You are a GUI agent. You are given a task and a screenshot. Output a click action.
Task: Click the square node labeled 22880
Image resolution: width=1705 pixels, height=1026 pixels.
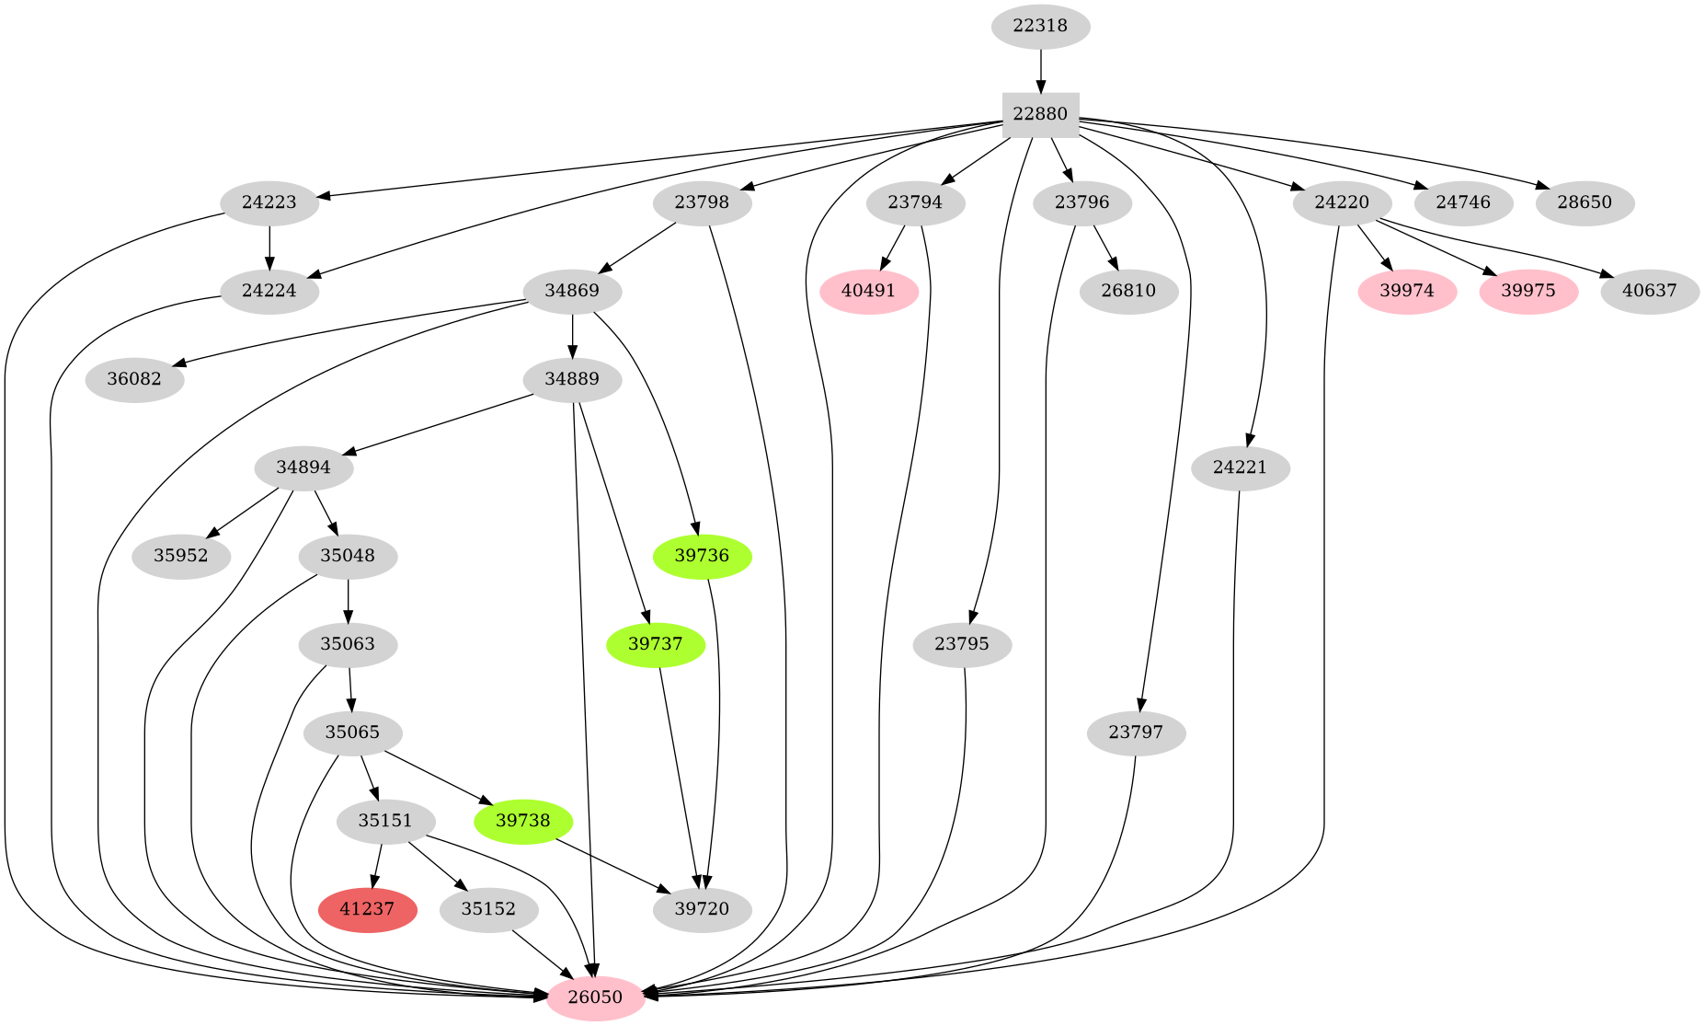click(1040, 115)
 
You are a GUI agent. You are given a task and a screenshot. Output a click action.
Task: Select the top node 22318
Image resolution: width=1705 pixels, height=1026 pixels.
click(1040, 26)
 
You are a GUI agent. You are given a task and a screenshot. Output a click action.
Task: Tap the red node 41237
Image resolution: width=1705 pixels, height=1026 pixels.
click(367, 909)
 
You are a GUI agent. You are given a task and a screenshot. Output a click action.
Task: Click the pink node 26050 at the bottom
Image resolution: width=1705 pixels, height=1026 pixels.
click(595, 997)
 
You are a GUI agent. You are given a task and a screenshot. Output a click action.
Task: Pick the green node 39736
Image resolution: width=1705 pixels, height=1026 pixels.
click(702, 556)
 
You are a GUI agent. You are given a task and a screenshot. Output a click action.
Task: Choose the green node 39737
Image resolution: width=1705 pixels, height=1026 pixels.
click(656, 644)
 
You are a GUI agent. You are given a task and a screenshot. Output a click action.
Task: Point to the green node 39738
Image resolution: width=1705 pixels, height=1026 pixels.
click(522, 821)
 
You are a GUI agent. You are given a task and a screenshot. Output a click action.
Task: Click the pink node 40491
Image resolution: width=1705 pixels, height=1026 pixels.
click(868, 292)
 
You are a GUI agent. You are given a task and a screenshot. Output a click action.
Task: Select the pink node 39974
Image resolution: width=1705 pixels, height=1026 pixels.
click(1407, 292)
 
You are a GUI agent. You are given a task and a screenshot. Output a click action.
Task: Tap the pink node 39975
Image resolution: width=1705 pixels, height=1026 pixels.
click(1528, 292)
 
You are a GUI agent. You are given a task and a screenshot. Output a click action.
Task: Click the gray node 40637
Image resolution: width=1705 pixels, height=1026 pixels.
click(1650, 292)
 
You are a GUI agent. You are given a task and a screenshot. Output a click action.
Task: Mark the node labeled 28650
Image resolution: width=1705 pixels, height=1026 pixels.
click(1585, 202)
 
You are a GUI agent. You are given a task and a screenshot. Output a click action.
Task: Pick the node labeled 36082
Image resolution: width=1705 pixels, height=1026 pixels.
click(134, 380)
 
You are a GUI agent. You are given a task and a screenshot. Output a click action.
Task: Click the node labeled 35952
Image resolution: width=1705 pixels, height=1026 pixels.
click(181, 556)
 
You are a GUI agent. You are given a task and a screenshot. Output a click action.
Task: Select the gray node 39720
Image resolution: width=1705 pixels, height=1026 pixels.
click(702, 909)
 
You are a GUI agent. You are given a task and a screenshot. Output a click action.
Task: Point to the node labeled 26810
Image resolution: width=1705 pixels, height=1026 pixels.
click(1128, 292)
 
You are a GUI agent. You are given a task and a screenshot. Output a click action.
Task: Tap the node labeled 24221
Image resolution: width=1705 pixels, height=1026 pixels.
click(1240, 467)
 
